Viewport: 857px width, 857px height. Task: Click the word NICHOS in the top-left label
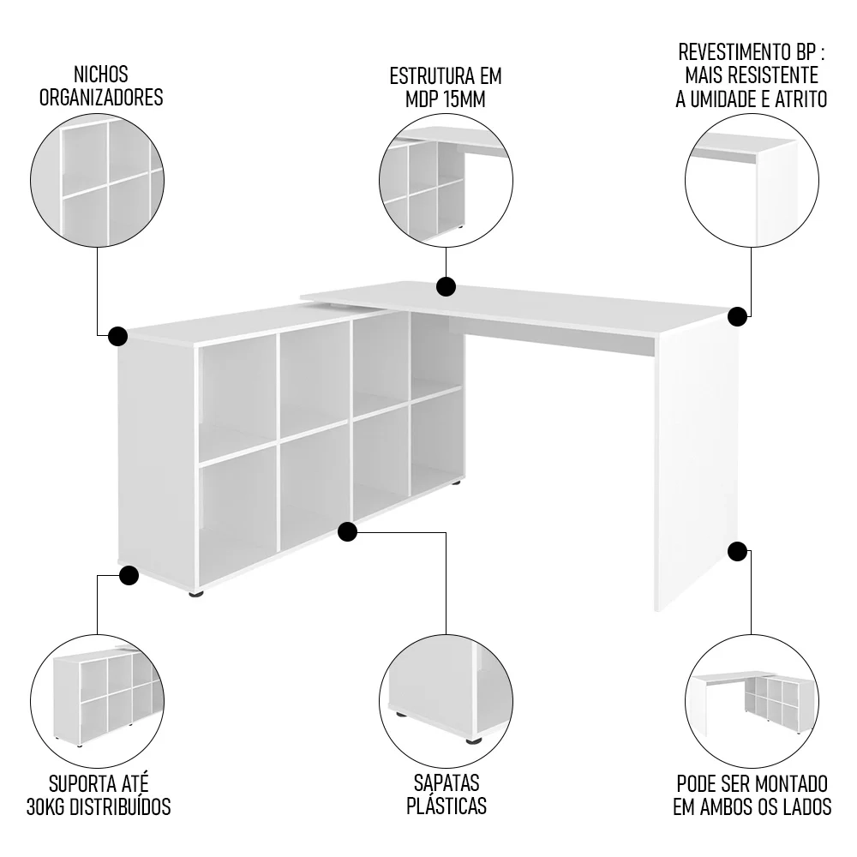101,75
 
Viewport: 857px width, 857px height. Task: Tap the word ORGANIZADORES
101,98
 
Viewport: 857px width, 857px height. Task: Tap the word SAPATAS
446,782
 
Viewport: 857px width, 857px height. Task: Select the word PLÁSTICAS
446,806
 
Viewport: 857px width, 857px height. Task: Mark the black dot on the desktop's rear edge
446,285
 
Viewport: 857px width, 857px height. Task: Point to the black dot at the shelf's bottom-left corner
129,575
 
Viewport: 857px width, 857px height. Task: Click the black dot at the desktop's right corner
737,317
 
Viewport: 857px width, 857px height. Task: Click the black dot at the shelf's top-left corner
118,335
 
